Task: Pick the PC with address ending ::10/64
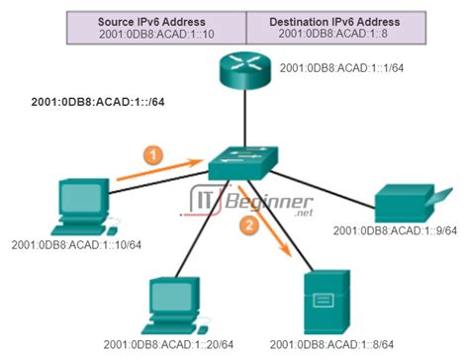point(79,202)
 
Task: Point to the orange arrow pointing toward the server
point(268,220)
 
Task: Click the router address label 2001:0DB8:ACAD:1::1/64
point(343,70)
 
